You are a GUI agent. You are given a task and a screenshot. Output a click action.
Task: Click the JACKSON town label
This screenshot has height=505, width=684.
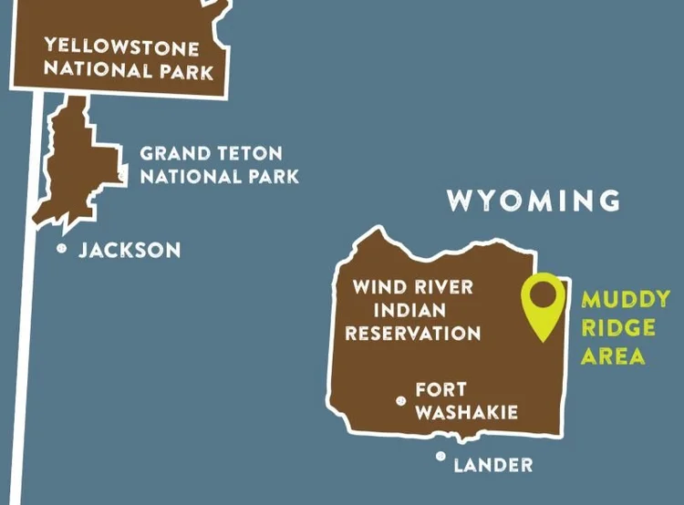pyautogui.click(x=130, y=250)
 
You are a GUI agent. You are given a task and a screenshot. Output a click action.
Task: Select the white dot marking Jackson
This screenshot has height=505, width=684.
pyautogui.click(x=62, y=248)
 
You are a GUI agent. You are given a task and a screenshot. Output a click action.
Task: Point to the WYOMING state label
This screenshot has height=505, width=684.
pyautogui.click(x=534, y=201)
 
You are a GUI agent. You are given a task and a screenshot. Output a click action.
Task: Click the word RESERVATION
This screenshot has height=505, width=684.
pyautogui.click(x=412, y=333)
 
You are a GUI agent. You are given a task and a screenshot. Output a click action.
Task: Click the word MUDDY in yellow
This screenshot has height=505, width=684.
pyautogui.click(x=626, y=299)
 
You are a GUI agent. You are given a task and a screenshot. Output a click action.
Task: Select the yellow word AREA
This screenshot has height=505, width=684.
pyautogui.click(x=613, y=356)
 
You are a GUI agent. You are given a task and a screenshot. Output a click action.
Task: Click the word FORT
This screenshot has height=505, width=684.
pyautogui.click(x=441, y=390)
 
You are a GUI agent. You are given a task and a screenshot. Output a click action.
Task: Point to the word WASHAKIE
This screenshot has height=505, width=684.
pyautogui.click(x=466, y=413)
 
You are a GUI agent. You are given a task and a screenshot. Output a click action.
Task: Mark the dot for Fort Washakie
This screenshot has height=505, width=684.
pyautogui.click(x=399, y=400)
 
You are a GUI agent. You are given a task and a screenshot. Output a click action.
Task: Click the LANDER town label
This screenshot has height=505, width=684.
pyautogui.click(x=492, y=466)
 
